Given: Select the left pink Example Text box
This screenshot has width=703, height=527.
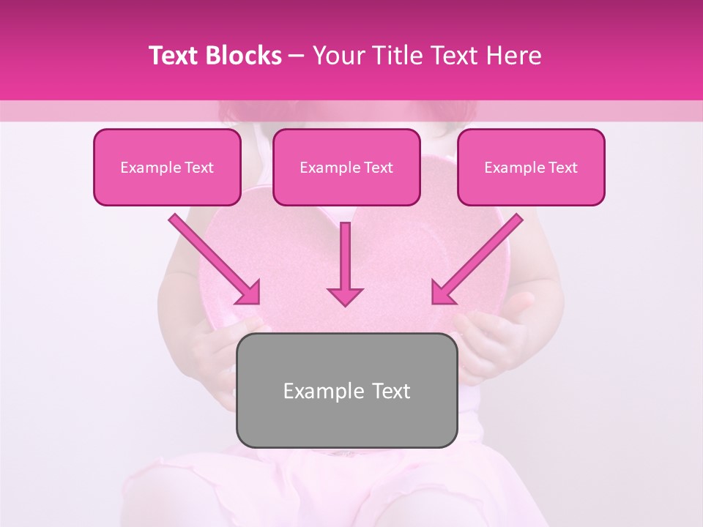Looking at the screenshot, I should tap(167, 168).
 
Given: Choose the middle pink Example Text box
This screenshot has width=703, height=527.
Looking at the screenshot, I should tap(346, 168).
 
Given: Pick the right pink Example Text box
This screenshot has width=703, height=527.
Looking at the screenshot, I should tap(531, 168).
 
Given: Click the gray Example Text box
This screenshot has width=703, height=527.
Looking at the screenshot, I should tap(346, 390).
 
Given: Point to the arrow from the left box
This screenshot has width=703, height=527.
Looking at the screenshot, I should tap(212, 258).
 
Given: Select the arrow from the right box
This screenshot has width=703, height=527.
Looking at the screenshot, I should tap(479, 258).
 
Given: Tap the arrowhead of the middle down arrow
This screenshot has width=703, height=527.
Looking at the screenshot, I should tap(345, 295).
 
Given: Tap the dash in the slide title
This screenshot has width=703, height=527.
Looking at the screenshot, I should tap(297, 56).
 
